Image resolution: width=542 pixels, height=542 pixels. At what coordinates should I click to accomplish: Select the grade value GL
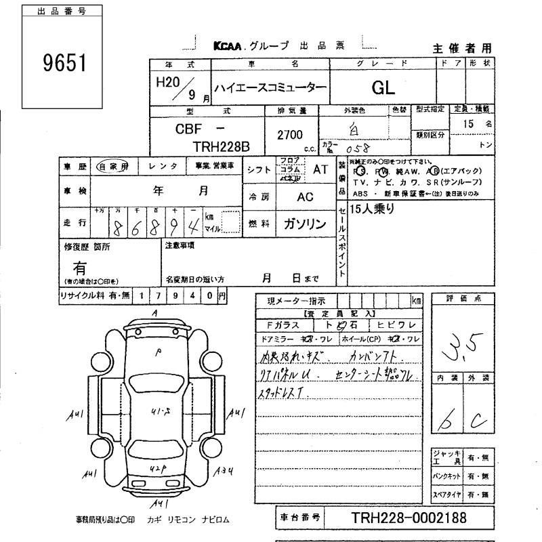(383, 87)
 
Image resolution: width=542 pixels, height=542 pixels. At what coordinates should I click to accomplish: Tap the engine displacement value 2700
(290, 135)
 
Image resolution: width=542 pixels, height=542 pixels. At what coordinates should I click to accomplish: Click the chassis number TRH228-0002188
(409, 518)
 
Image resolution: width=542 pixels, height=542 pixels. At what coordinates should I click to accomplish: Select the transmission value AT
(320, 170)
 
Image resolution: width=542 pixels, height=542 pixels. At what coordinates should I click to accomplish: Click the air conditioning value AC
(305, 196)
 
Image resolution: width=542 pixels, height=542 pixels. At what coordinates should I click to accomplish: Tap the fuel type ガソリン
(302, 224)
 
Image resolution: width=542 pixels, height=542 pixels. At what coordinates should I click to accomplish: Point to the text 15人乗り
(373, 209)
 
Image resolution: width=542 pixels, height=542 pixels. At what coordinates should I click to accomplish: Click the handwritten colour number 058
(356, 146)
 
